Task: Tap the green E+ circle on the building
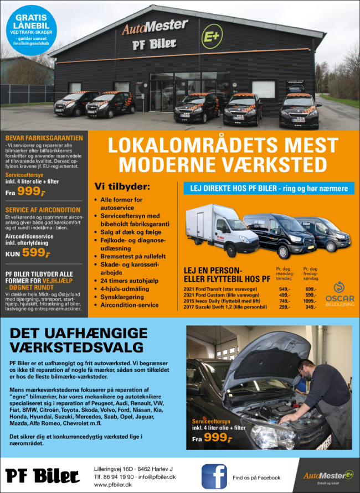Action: click(212, 34)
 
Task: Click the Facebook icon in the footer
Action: click(214, 476)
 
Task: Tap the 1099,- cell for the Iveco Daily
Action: click(310, 300)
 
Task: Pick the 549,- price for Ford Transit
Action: click(284, 289)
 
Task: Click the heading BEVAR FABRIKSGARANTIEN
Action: click(44, 138)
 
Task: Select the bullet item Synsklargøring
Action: click(122, 297)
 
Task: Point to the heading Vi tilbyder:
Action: click(122, 186)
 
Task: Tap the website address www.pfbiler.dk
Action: click(112, 484)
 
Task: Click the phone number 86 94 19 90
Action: click(119, 476)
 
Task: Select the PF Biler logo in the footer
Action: click(43, 476)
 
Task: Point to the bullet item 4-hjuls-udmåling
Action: click(126, 288)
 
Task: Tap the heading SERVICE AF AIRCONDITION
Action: click(43, 210)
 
